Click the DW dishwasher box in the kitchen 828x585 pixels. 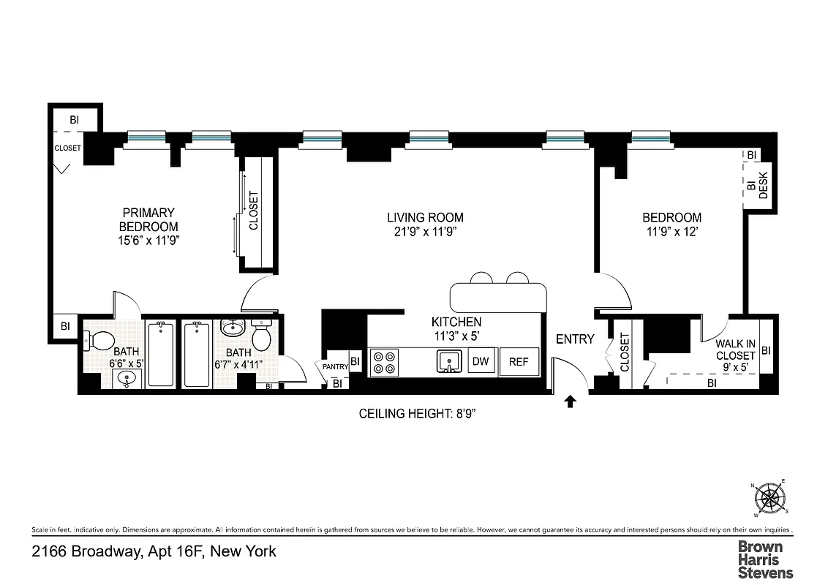[x=481, y=361]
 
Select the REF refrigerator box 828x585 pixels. [x=519, y=361]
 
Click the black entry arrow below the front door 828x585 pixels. [x=571, y=400]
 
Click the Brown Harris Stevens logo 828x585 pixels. [x=765, y=559]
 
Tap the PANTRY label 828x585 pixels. [x=331, y=366]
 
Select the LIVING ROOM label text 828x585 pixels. [x=425, y=218]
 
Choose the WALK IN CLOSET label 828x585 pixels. [x=735, y=350]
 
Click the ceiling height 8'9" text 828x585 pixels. [x=423, y=414]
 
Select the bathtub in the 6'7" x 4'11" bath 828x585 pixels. [x=197, y=355]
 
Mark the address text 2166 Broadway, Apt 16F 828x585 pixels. [x=154, y=551]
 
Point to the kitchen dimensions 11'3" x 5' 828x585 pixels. [x=456, y=336]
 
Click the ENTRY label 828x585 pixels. [x=575, y=339]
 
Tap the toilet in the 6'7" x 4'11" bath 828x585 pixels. [x=262, y=336]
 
